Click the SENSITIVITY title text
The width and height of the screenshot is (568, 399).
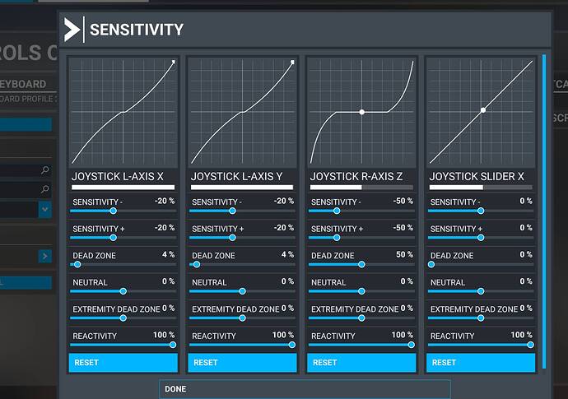[x=136, y=30]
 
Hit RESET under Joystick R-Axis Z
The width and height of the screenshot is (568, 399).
[x=361, y=362]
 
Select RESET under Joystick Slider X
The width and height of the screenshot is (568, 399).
[x=481, y=362]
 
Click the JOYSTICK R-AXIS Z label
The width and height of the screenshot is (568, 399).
[x=356, y=176]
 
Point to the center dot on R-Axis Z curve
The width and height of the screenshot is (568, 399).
[x=361, y=111]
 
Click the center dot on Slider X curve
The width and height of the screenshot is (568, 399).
[x=483, y=109]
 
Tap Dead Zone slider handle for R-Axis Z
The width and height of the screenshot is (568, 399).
[x=361, y=265]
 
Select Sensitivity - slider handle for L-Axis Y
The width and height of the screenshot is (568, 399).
[x=232, y=211]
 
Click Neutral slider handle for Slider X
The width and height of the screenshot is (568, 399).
[x=481, y=291]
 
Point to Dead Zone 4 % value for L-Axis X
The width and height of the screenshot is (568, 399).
[x=168, y=255]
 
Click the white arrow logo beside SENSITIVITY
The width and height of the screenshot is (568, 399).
[x=72, y=30]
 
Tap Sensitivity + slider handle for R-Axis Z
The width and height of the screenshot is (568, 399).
[x=337, y=238]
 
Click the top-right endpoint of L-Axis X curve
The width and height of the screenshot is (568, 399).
[x=174, y=62]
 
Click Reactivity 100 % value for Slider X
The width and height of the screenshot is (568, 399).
[x=521, y=335]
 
